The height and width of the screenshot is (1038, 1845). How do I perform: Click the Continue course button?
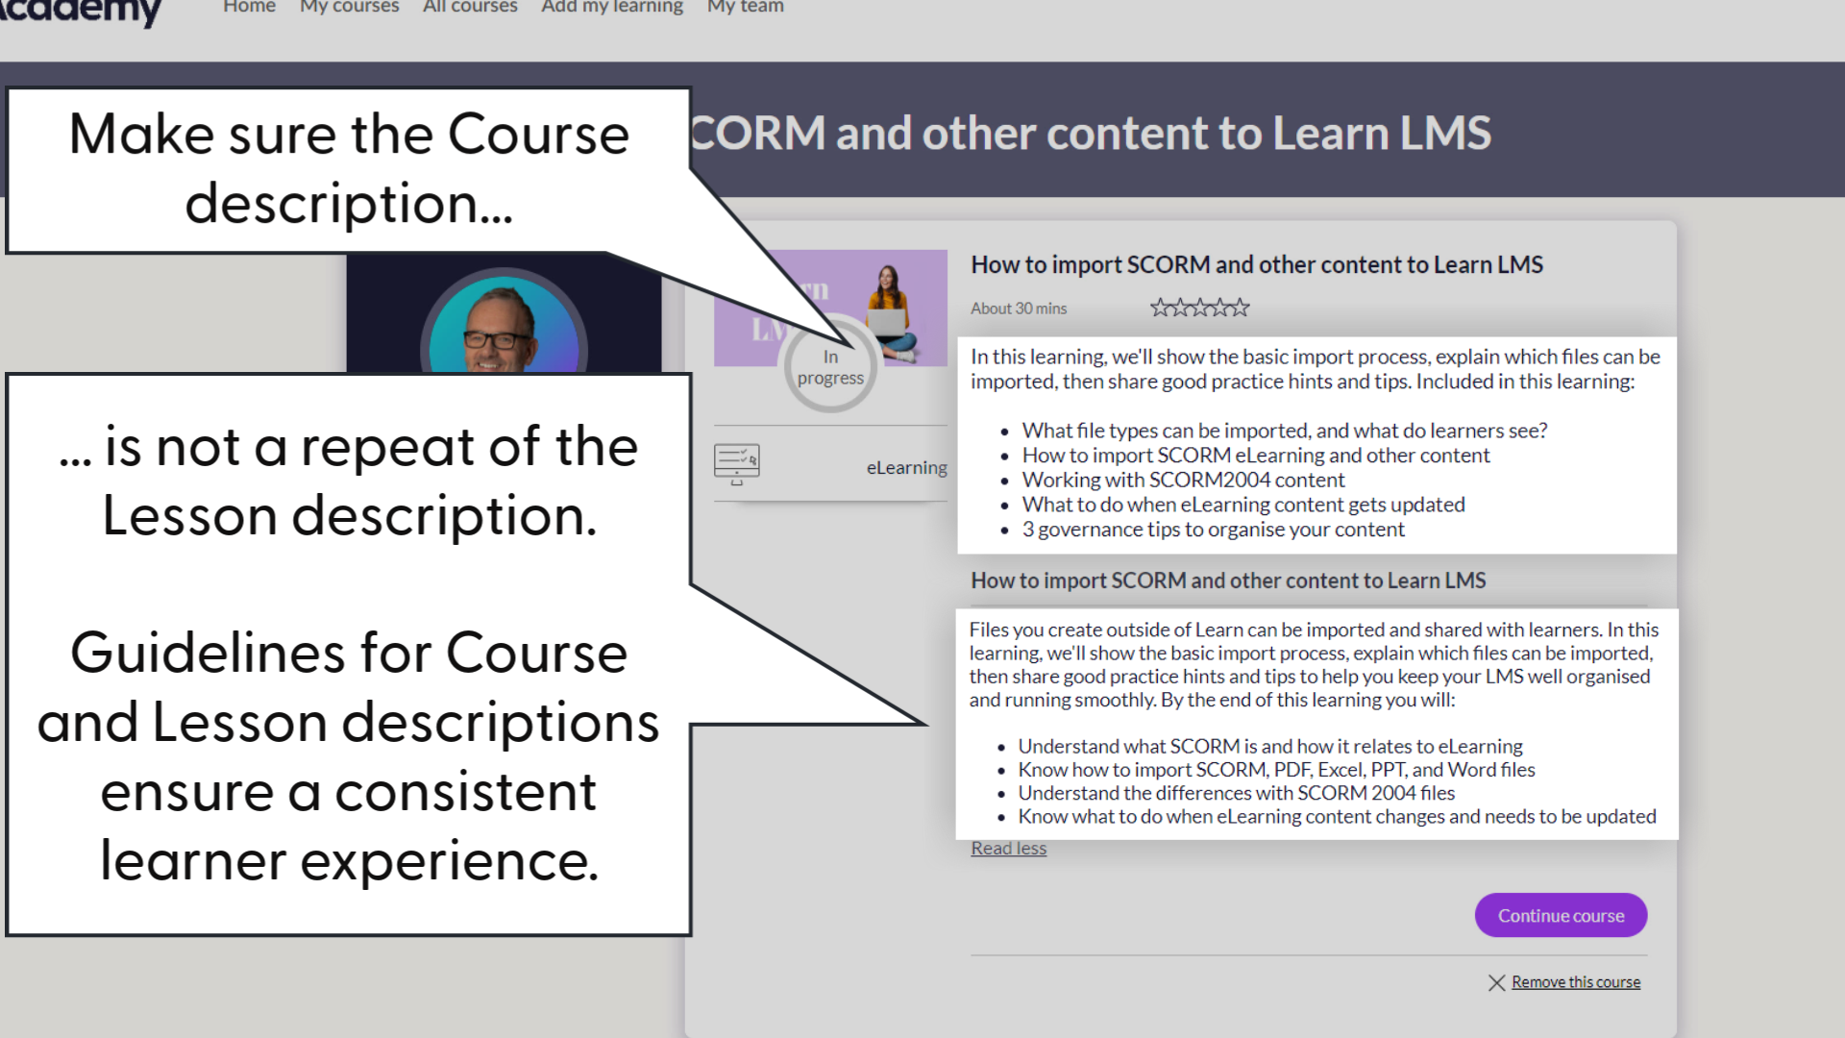(1561, 915)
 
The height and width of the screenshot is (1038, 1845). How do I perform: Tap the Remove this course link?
(1576, 982)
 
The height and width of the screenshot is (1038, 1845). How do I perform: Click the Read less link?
(1008, 848)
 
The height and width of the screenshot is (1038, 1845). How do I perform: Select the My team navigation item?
(745, 8)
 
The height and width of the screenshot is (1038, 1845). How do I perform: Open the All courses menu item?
(470, 8)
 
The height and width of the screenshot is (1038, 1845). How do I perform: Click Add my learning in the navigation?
(612, 8)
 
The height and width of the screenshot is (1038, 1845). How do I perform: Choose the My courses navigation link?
(349, 8)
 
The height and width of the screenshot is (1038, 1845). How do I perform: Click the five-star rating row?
(1199, 308)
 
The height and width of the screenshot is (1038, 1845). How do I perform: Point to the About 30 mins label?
(1019, 309)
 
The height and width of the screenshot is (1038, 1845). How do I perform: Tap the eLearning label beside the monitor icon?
(906, 467)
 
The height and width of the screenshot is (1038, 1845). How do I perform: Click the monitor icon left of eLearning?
(737, 463)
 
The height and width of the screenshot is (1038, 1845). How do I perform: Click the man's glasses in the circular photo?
(498, 339)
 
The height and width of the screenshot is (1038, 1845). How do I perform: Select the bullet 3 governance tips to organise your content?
(1213, 530)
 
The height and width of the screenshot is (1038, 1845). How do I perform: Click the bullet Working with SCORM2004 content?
(1183, 480)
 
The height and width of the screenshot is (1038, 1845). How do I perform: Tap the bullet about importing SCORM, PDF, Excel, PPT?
(1276, 770)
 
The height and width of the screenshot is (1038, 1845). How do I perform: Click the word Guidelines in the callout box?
(206, 654)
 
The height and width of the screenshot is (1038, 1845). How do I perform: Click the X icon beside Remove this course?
(1496, 982)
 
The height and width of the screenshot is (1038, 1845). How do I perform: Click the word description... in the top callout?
(349, 204)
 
